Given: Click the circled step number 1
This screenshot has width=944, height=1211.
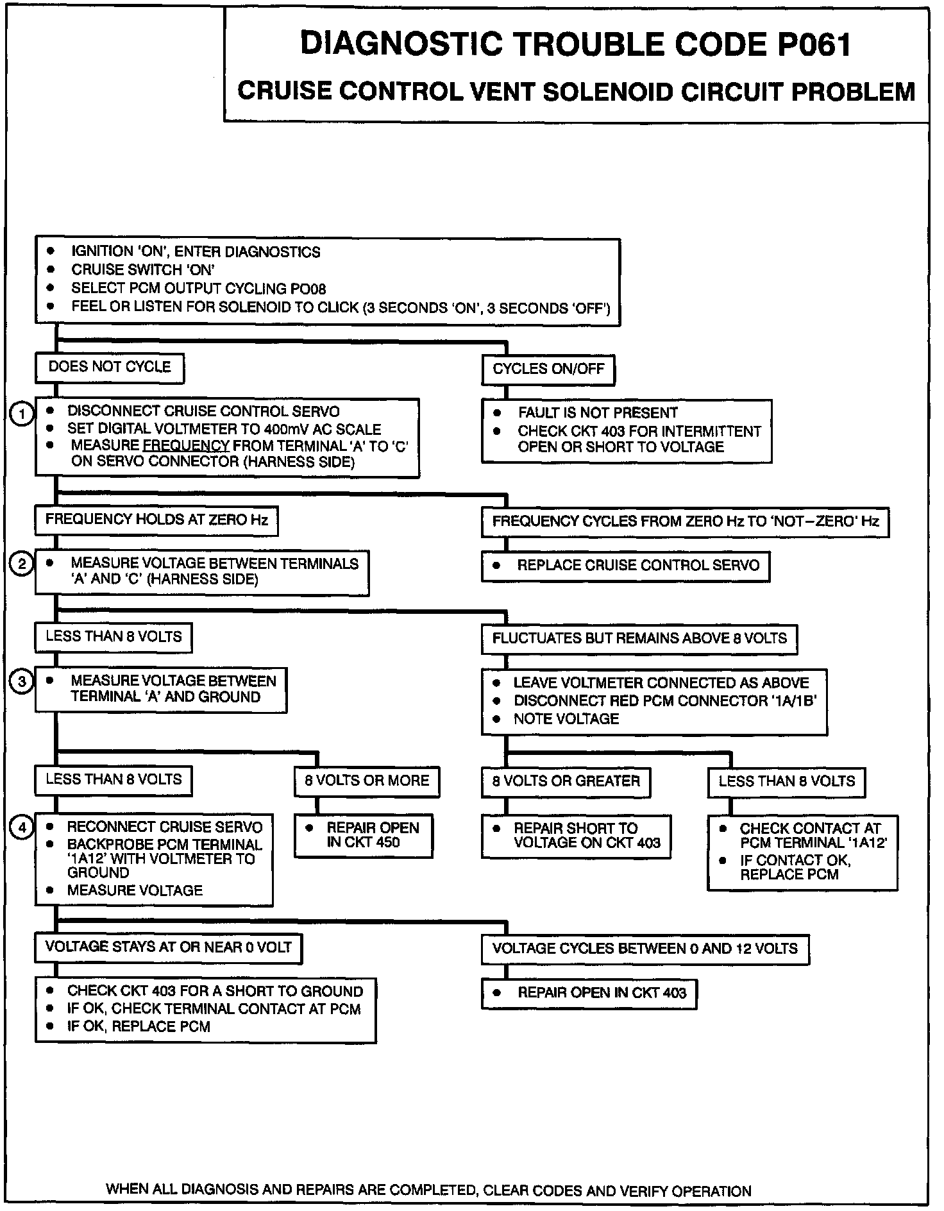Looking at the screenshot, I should (22, 414).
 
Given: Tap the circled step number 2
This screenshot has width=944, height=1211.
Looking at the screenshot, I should (22, 564).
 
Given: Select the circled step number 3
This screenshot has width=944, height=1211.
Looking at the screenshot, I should (22, 681).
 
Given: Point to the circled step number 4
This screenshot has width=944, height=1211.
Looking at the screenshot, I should (22, 827).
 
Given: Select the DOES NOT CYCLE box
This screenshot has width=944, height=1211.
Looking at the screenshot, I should (110, 368).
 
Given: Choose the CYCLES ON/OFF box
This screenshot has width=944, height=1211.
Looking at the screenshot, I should (548, 369).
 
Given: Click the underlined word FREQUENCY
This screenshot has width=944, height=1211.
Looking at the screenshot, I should (186, 446).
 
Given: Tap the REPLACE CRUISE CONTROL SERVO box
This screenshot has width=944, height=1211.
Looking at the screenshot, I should (625, 566).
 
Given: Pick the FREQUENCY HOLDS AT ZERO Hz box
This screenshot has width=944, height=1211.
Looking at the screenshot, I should (156, 520).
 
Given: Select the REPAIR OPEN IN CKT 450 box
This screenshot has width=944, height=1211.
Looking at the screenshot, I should (364, 835).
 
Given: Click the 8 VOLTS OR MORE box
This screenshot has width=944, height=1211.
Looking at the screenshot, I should (367, 781).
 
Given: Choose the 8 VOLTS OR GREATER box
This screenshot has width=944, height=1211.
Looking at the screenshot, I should (566, 782).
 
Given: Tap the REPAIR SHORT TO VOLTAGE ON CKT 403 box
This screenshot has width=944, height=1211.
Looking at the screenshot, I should (576, 836).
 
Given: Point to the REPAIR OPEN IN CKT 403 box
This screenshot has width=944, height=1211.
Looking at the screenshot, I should (589, 994).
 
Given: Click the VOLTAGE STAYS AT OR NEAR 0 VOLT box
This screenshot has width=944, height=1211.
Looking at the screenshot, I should (168, 948).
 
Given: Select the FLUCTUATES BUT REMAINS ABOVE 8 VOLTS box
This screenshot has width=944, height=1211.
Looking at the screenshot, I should (639, 639).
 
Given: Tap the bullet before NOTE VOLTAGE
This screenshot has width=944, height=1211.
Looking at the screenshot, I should (496, 719).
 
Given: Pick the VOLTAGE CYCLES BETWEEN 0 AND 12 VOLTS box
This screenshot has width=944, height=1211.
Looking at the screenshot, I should (645, 949).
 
